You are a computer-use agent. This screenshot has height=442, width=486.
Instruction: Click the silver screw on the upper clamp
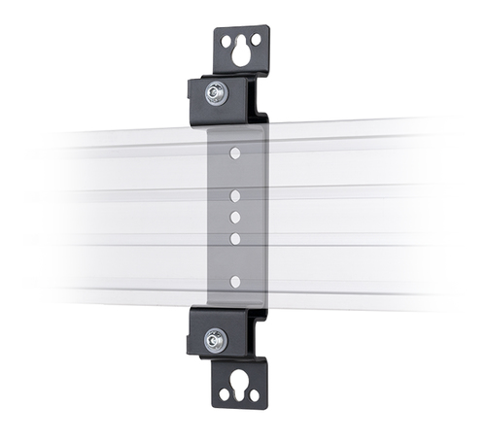pyautogui.click(x=215, y=93)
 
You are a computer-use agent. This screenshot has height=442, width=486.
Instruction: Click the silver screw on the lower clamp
pyautogui.click(x=215, y=340)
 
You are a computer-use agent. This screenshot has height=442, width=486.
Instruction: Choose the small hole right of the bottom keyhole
pyautogui.click(x=255, y=395)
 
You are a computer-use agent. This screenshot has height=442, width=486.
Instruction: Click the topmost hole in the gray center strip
pyautogui.click(x=234, y=153)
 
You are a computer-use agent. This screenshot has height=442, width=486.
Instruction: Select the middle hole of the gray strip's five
pyautogui.click(x=234, y=218)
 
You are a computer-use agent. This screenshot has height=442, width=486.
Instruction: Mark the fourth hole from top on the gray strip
pyautogui.click(x=234, y=237)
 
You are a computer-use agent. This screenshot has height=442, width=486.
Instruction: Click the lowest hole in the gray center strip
pyautogui.click(x=234, y=282)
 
